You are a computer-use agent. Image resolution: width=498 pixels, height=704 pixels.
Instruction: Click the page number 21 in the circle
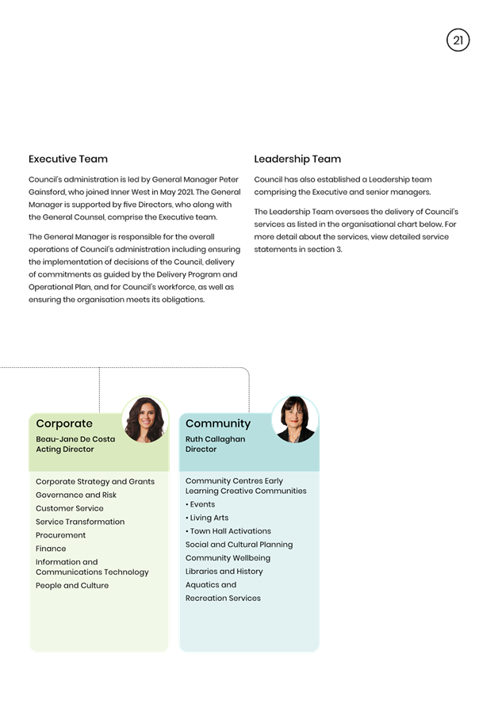tap(458, 40)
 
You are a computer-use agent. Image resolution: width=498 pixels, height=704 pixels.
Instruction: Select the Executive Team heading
tap(68, 159)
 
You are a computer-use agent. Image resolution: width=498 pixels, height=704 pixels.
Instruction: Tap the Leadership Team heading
tap(297, 159)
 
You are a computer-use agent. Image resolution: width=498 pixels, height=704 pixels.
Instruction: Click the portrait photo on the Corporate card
tap(145, 419)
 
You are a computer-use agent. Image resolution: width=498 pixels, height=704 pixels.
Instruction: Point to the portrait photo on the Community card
tap(295, 419)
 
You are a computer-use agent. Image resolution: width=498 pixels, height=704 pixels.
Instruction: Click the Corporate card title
tap(64, 423)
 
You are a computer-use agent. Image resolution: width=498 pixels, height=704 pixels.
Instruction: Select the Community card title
tap(218, 423)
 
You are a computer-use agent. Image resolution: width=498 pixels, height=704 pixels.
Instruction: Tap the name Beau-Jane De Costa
tap(75, 439)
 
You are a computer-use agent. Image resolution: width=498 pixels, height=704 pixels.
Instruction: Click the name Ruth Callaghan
tap(215, 439)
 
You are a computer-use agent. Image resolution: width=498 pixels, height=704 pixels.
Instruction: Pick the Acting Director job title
tap(65, 449)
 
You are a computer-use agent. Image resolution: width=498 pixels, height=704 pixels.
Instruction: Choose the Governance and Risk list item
tap(76, 495)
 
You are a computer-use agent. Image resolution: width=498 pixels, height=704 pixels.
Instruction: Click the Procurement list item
tap(60, 535)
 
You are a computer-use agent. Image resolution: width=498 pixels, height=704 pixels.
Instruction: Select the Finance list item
tap(51, 549)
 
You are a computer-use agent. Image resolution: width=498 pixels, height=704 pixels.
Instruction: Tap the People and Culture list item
tap(72, 585)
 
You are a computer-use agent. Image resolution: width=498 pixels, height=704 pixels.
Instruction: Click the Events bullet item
tap(201, 504)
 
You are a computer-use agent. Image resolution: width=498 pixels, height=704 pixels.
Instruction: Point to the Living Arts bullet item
tap(207, 518)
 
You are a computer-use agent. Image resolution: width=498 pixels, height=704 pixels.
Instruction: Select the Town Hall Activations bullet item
tap(228, 531)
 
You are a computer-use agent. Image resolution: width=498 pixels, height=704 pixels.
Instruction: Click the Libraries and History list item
tap(224, 572)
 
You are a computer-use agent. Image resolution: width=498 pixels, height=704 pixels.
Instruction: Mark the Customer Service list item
tap(70, 508)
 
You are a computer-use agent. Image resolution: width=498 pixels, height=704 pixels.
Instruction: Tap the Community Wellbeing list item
tap(228, 558)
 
